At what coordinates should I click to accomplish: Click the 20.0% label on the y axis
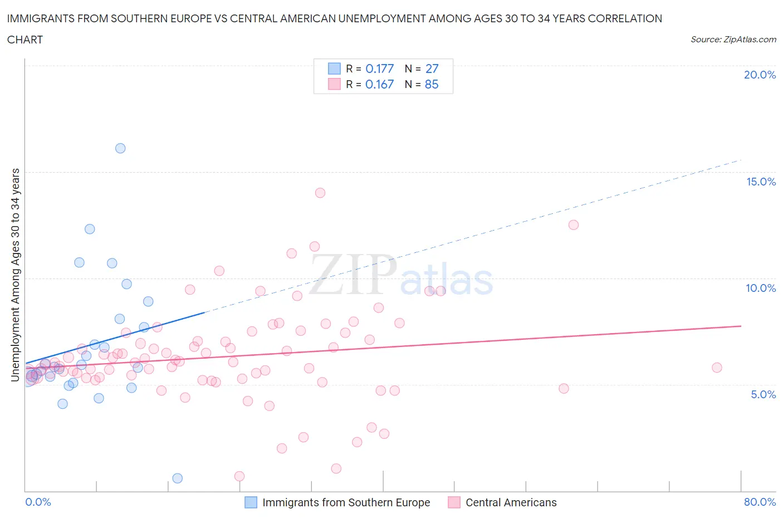tap(760, 75)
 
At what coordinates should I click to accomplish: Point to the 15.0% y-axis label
tap(760, 182)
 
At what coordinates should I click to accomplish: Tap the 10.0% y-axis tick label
tap(760, 288)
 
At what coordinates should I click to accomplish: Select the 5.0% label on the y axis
tap(763, 394)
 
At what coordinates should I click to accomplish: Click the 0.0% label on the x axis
tap(38, 502)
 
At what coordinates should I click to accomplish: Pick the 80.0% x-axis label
tap(760, 502)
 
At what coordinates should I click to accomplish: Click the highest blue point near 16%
tap(120, 148)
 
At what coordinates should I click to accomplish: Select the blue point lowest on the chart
tap(178, 478)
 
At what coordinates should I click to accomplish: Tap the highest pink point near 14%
tap(320, 193)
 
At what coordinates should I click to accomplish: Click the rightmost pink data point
tap(717, 368)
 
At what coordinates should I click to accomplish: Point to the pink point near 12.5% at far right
tap(574, 225)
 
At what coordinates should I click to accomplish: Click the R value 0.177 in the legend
tap(379, 69)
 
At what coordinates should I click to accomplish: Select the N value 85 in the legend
tap(432, 84)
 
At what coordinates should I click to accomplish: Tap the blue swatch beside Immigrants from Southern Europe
tap(251, 502)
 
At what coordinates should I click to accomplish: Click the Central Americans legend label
tap(511, 502)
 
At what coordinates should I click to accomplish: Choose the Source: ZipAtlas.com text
tap(733, 40)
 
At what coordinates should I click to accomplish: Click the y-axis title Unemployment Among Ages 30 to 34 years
tap(16, 275)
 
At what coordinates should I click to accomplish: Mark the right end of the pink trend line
tap(741, 326)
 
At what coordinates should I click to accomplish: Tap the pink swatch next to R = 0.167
tap(334, 84)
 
